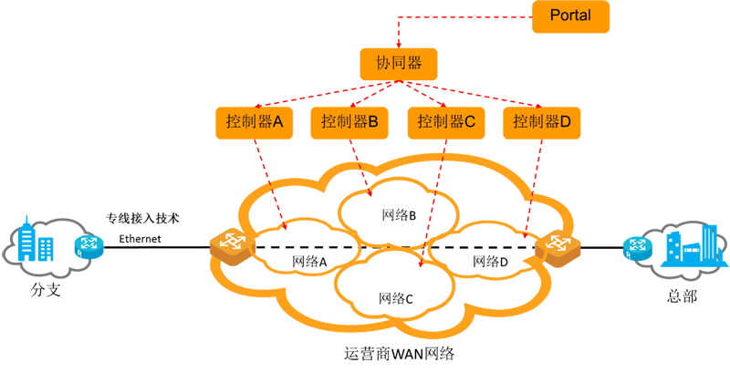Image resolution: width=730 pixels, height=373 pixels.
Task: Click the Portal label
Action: [571, 16]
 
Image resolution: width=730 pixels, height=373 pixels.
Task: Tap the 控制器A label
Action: [256, 121]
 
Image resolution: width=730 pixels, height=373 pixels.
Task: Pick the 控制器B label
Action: [350, 121]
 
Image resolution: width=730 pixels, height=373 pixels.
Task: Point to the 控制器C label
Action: [446, 121]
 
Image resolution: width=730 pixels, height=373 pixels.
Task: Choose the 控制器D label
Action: [542, 121]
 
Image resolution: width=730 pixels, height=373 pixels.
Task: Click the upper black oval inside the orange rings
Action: [393, 212]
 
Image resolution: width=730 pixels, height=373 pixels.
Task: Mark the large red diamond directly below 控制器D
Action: [546, 164]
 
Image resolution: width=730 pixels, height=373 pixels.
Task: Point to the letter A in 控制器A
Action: [280, 121]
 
